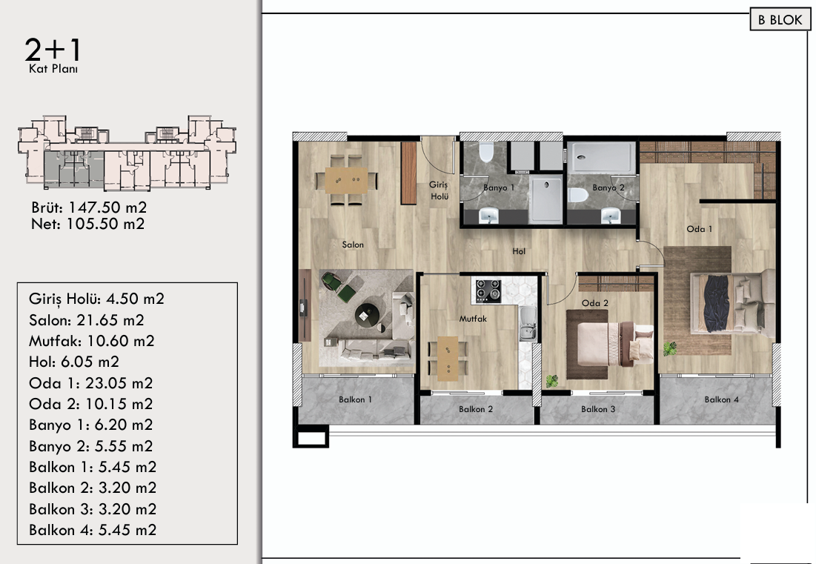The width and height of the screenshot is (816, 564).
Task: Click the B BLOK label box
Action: (780, 20)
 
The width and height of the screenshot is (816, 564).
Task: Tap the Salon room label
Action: (353, 245)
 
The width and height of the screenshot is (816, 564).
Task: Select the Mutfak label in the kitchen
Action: (473, 319)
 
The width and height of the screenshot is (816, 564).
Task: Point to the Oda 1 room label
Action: (700, 229)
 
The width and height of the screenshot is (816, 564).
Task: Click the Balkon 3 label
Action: (598, 409)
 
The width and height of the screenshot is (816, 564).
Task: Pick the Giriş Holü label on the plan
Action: (439, 190)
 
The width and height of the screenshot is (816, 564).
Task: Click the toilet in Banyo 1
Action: (487, 152)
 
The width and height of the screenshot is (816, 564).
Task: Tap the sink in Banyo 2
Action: (611, 216)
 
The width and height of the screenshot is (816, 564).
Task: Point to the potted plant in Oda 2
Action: (551, 382)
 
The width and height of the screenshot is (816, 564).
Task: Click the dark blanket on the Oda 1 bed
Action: (716, 303)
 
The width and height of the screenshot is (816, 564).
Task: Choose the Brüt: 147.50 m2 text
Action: (89, 208)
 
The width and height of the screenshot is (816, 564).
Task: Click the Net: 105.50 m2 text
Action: (88, 225)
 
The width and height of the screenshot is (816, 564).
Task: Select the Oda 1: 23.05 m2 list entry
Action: (91, 383)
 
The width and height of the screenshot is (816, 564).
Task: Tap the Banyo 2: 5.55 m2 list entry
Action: (91, 446)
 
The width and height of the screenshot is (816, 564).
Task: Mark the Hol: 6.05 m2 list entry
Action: (74, 362)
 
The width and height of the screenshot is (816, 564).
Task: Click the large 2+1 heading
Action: (53, 50)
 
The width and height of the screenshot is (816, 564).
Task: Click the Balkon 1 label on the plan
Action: (356, 399)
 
